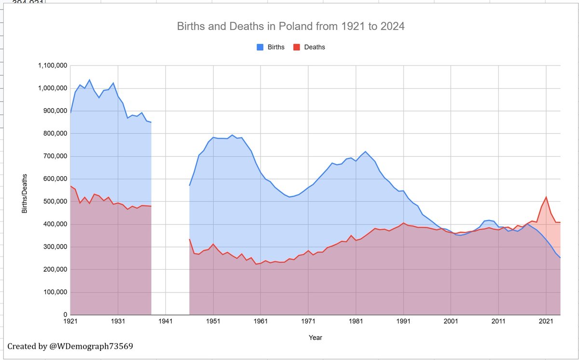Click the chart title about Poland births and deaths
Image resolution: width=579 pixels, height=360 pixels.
coord(289,26)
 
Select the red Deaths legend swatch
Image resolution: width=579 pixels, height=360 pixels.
coord(298,47)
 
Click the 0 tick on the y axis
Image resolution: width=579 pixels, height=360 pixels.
coord(64,315)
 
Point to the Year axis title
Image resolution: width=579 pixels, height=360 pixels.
coord(316,338)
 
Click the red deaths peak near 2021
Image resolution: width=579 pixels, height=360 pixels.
coord(546,197)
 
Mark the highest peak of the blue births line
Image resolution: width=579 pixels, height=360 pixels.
coord(89,80)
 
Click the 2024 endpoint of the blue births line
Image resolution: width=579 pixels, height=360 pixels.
coord(560,258)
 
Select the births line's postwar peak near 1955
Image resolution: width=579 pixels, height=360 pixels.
coord(232,135)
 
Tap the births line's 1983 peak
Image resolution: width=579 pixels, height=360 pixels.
coord(365,152)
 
